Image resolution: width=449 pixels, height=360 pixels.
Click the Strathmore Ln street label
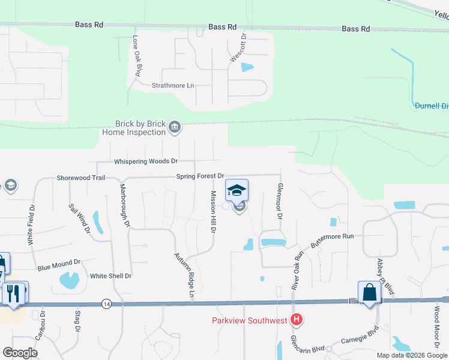coord(173,86)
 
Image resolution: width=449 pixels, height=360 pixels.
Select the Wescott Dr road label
coord(244,47)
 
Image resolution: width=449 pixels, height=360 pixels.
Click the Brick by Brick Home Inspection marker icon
coord(175,127)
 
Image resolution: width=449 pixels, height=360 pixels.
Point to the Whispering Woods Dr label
coord(146,161)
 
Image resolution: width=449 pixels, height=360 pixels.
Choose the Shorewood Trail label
coord(81,178)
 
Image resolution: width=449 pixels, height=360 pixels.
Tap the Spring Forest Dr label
coord(200,176)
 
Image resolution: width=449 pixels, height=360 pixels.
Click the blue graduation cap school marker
coord(237,190)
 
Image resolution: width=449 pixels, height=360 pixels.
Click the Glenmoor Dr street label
coord(279,201)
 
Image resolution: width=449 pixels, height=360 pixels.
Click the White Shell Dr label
coord(110,276)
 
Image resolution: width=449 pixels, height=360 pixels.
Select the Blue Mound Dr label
coord(59,263)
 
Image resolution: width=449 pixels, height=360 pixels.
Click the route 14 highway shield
coord(106,304)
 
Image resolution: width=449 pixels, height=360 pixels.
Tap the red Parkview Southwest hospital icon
coord(295,320)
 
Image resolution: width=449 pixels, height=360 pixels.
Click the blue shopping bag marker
coord(370,293)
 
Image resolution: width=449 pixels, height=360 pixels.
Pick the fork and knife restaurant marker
coord(12,293)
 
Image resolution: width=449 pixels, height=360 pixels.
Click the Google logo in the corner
coord(20,352)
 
